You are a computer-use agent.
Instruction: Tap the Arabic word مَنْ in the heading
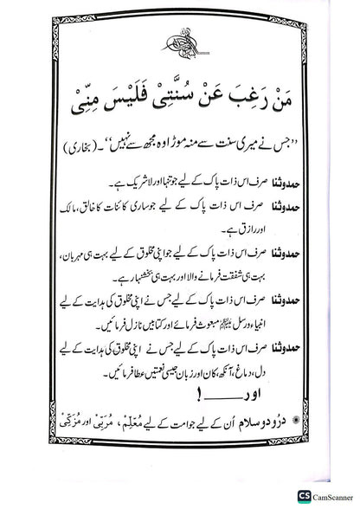[x=292, y=112]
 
